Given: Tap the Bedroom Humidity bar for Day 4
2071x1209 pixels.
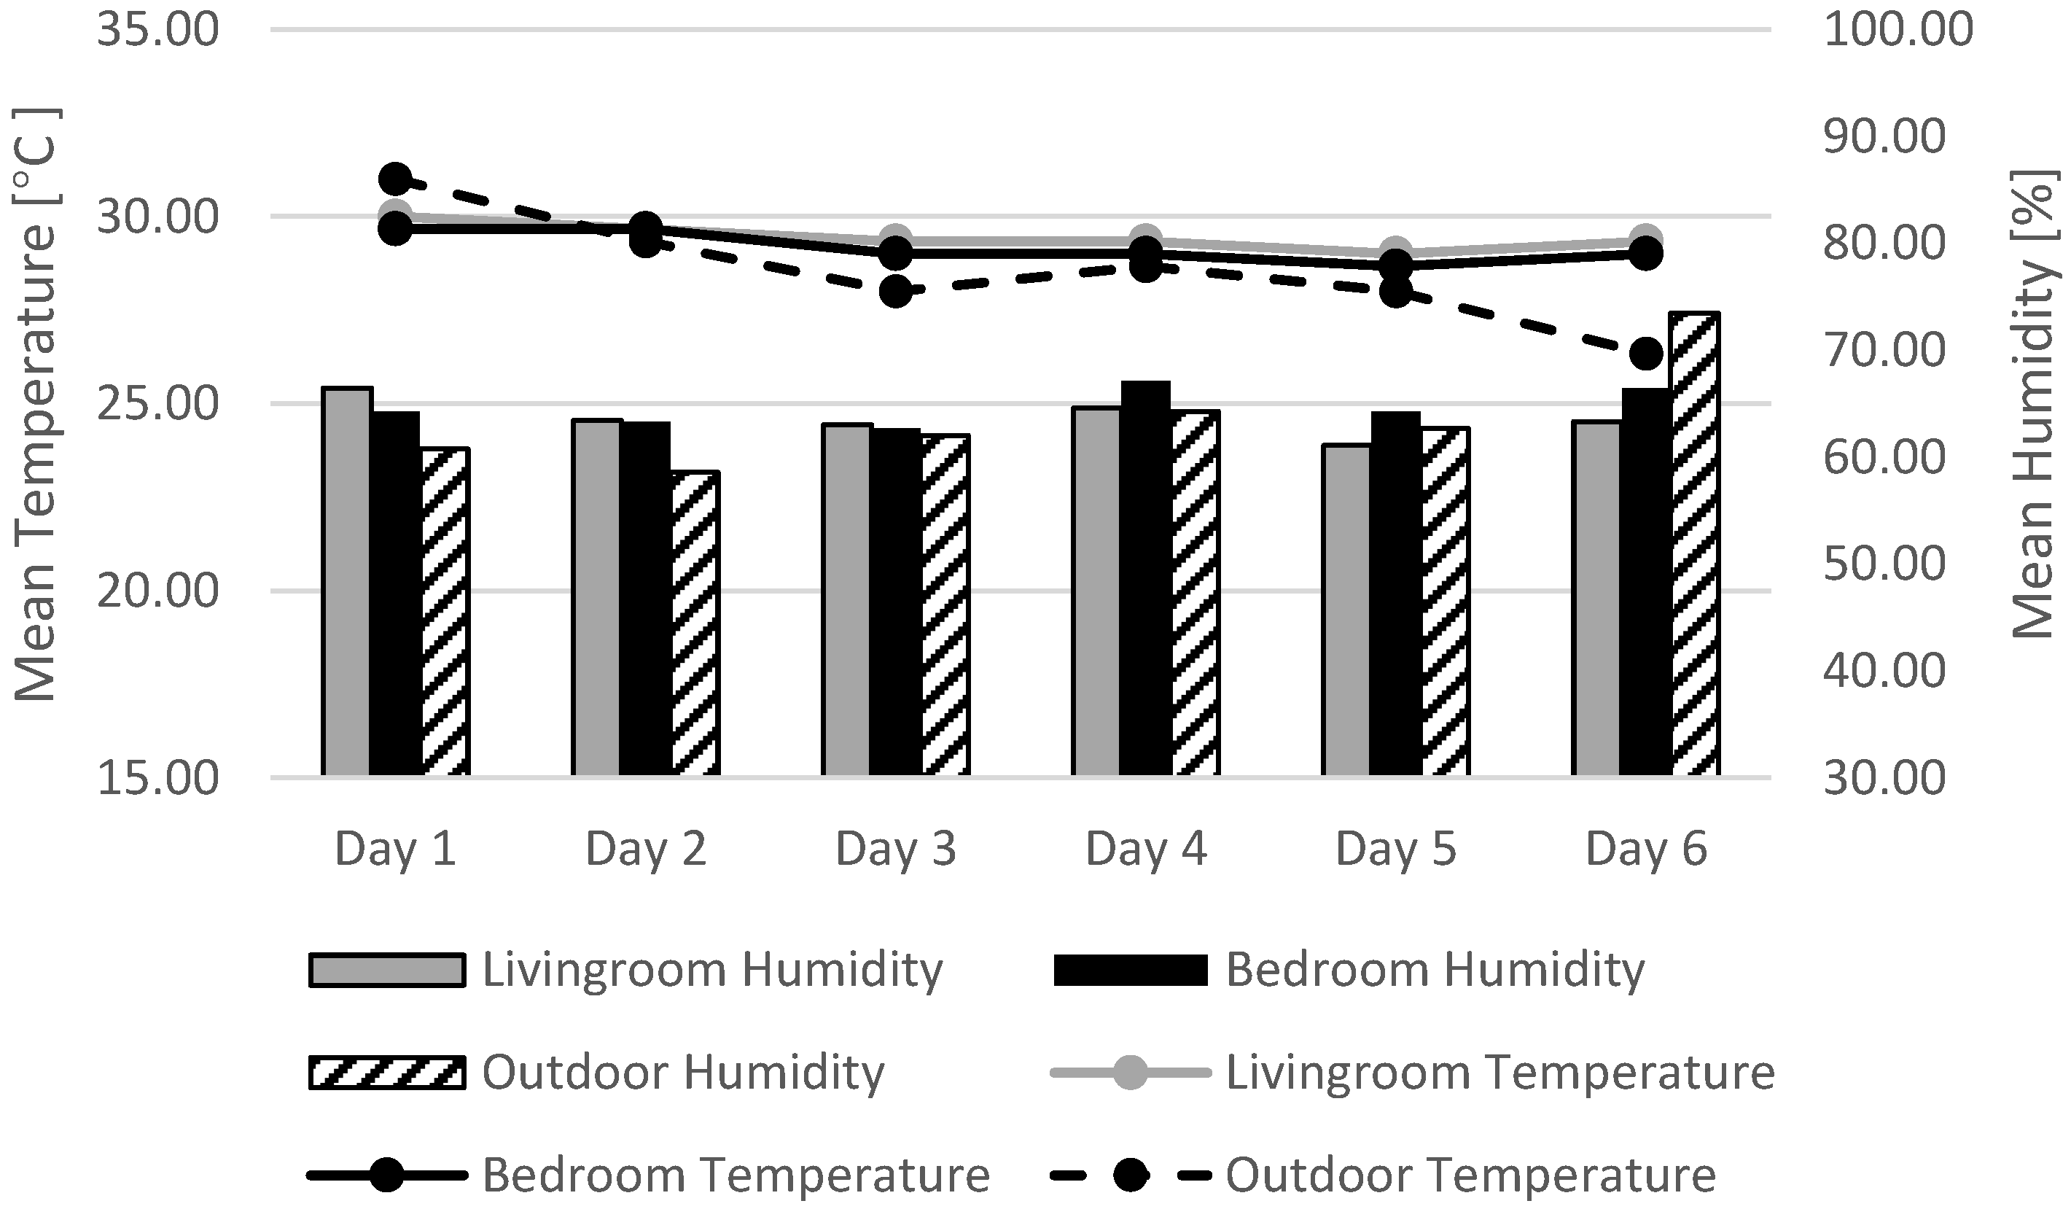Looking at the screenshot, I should (x=1144, y=577).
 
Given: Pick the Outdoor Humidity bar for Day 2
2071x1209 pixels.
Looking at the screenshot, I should (x=696, y=623).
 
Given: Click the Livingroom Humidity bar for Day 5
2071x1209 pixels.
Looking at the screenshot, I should (x=1346, y=609).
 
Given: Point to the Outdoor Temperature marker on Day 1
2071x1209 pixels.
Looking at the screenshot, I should (x=395, y=179).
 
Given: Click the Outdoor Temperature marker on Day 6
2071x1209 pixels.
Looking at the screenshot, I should (x=1646, y=354).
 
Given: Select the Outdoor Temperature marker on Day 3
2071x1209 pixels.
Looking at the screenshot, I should (x=896, y=292).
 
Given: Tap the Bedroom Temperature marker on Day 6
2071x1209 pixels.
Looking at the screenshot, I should (x=1646, y=254).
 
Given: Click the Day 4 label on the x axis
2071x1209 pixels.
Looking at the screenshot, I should (x=1146, y=848).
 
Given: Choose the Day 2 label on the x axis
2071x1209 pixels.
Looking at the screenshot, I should (x=645, y=848).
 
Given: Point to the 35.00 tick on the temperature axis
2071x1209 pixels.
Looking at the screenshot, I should (x=157, y=31).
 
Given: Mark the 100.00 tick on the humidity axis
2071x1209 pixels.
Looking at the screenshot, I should (x=1898, y=31).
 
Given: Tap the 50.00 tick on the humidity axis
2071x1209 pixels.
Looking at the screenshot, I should (x=1884, y=564).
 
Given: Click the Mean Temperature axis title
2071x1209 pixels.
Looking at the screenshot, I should (x=35, y=405).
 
